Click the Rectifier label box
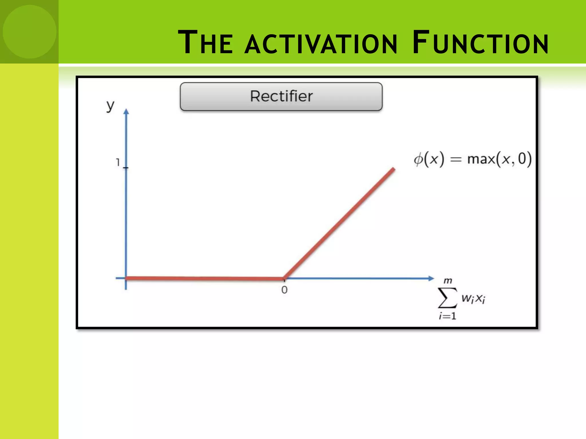[x=281, y=97]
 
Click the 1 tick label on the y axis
[x=118, y=162]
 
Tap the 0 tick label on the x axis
[x=284, y=290]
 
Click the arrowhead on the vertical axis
[x=126, y=111]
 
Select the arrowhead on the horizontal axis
[x=431, y=278]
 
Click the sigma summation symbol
[x=447, y=298]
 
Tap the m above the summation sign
[x=448, y=281]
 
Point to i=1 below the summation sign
[x=448, y=316]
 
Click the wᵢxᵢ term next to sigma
[x=473, y=299]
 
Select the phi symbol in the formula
[x=418, y=159]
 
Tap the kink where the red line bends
[x=284, y=278]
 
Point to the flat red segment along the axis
[x=205, y=278]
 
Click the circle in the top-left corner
[x=29, y=31]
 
